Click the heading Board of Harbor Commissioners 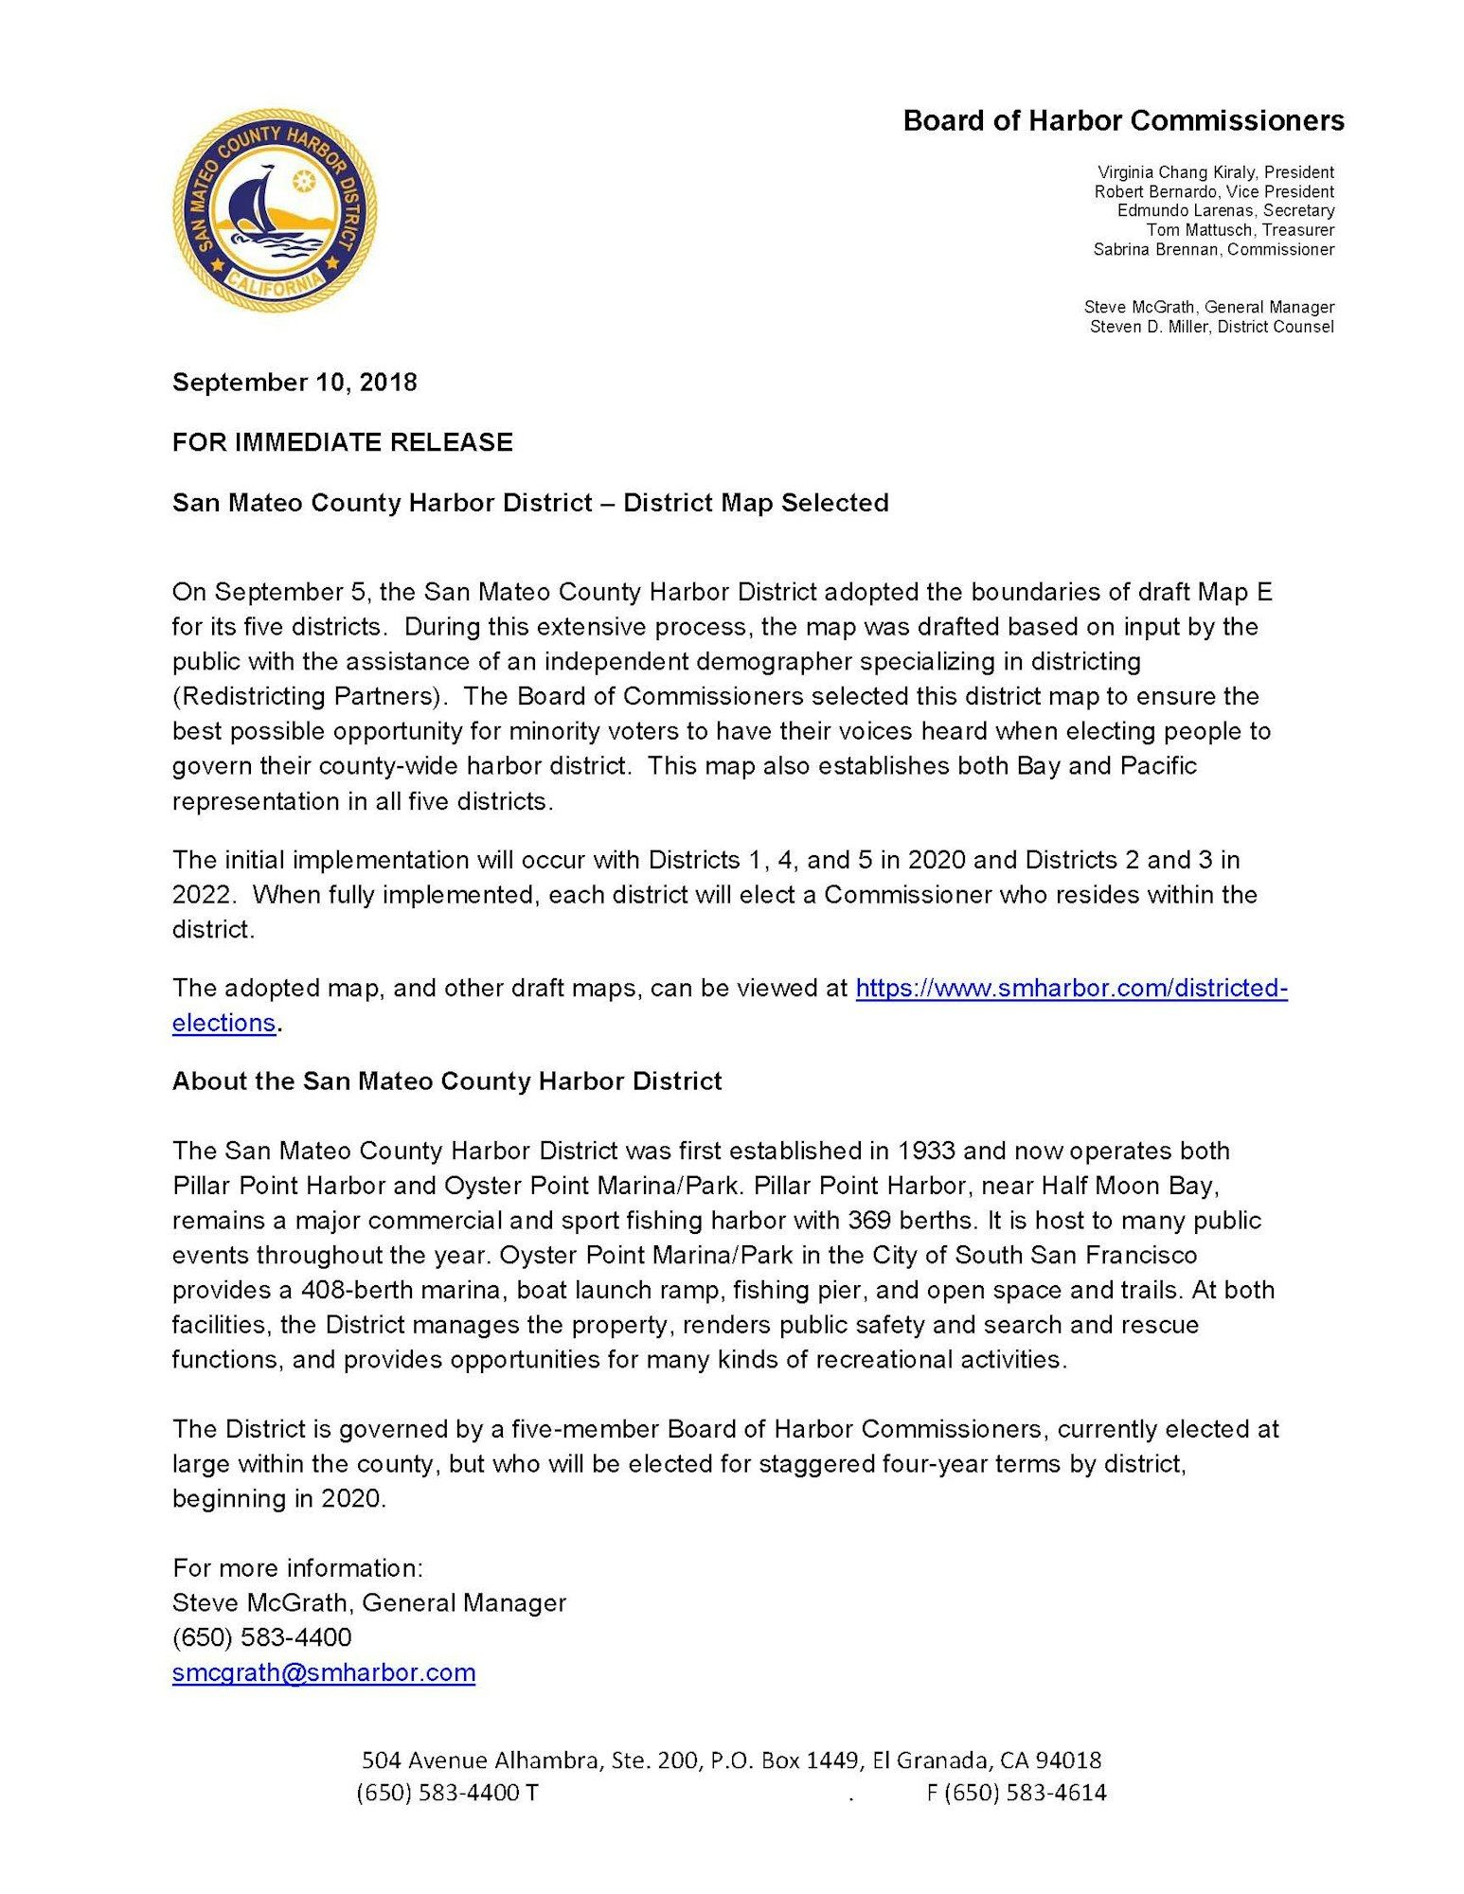pos(1123,121)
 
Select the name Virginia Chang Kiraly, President pos(1215,172)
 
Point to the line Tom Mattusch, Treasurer pos(1240,230)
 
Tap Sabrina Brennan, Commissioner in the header pos(1213,249)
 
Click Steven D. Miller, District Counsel pos(1211,327)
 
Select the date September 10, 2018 pos(295,383)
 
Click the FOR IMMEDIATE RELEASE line pos(342,442)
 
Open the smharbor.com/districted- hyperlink pos(1071,989)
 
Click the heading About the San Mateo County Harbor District pos(447,1081)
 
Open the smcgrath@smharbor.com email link pos(324,1672)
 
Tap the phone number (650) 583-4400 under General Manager pos(262,1637)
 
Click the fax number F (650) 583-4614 pos(1016,1793)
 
